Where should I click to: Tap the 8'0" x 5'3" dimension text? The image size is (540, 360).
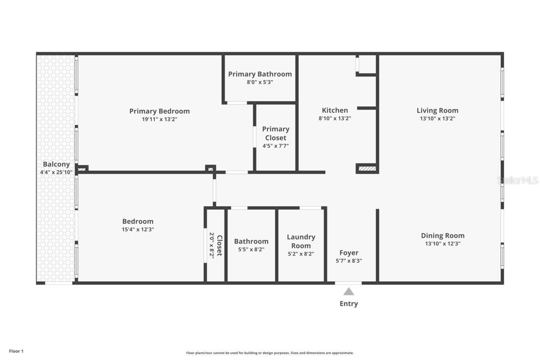(x=260, y=82)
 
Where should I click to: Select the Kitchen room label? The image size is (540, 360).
(x=335, y=110)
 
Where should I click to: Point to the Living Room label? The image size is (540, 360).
(x=437, y=110)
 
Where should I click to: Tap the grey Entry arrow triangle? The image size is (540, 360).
(x=349, y=292)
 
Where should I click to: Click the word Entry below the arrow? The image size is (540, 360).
(x=349, y=304)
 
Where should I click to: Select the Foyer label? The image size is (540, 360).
(x=349, y=253)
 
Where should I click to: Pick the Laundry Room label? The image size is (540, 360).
(x=301, y=241)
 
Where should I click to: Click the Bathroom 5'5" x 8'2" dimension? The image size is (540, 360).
(x=251, y=249)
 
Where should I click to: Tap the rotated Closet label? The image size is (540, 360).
(x=220, y=245)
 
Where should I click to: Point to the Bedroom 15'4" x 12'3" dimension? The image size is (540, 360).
(x=138, y=229)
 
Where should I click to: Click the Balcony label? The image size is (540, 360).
(x=56, y=164)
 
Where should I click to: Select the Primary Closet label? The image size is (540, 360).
(x=275, y=133)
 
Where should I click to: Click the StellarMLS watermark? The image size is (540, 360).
(x=517, y=180)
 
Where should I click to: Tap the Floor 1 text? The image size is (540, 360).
(x=16, y=351)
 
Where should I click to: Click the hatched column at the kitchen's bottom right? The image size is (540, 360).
(x=367, y=169)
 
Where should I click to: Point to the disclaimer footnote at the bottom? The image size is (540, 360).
(x=270, y=353)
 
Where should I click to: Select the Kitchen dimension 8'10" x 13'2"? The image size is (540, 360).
(x=335, y=119)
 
